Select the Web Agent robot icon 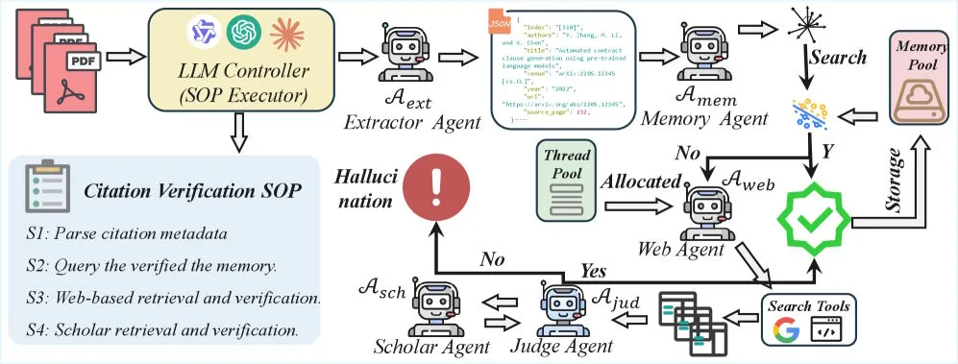709,209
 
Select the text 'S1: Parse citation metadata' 127,233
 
